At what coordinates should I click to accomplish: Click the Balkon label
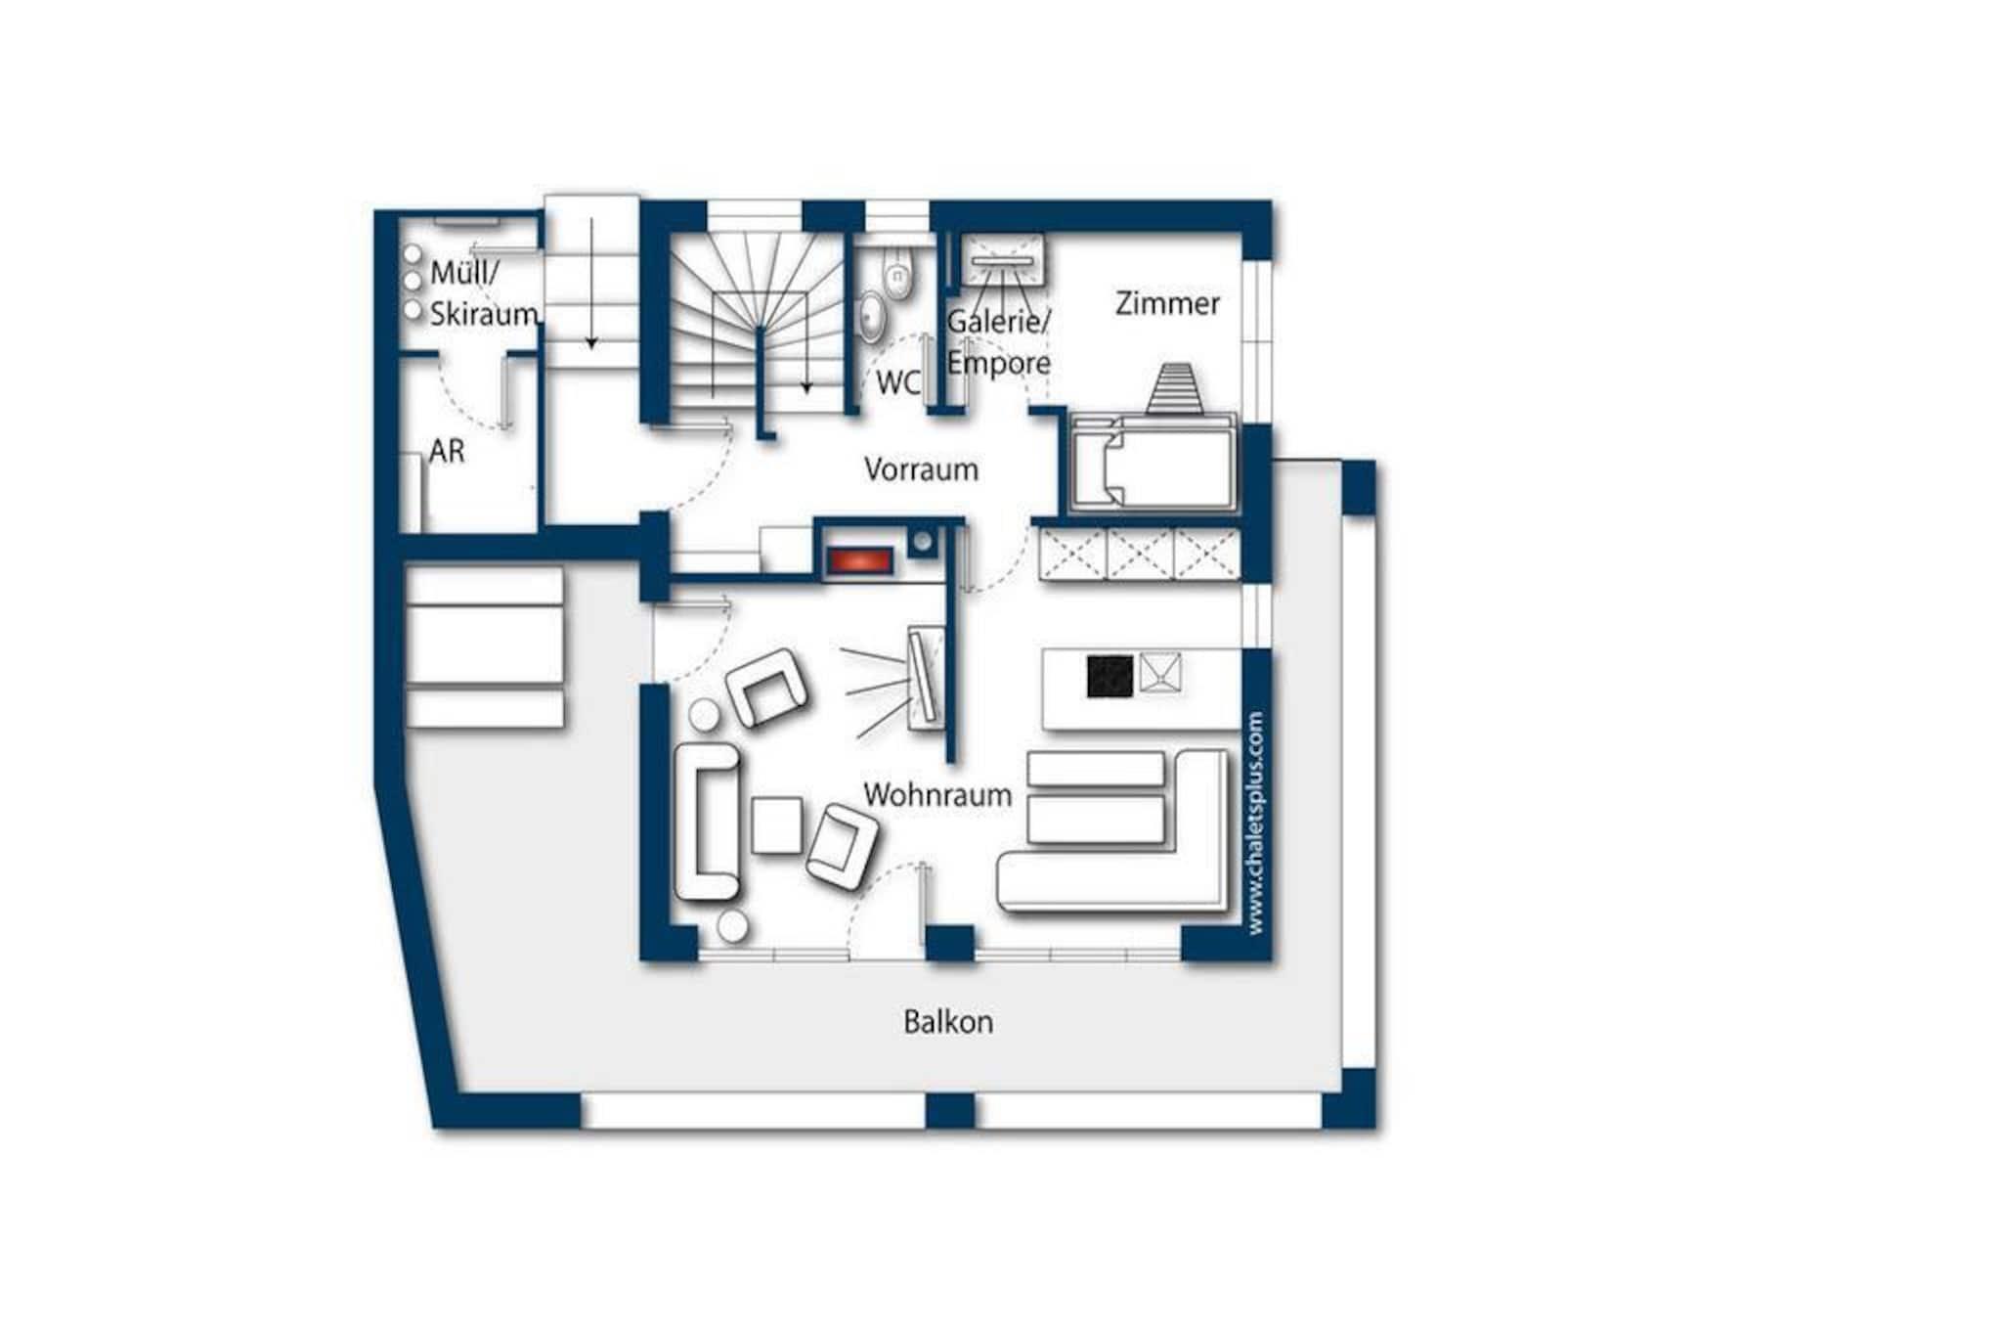[x=947, y=1022]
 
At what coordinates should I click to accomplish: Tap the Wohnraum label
[x=937, y=795]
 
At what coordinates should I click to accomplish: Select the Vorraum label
[x=921, y=469]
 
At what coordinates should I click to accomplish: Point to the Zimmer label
[x=1167, y=303]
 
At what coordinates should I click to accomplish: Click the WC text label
[x=898, y=382]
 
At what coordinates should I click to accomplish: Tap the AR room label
[x=447, y=452]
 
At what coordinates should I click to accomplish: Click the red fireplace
[x=859, y=561]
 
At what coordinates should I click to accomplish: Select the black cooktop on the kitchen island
[x=1110, y=676]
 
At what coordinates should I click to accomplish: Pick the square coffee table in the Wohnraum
[x=777, y=824]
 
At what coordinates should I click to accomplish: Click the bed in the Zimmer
[x=1153, y=463]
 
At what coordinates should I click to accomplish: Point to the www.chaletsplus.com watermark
[x=1255, y=823]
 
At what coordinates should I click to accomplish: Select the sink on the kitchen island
[x=1160, y=673]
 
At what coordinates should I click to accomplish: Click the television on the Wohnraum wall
[x=923, y=677]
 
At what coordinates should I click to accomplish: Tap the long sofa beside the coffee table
[x=707, y=821]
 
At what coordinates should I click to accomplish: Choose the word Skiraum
[x=484, y=314]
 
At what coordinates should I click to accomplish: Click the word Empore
[x=999, y=363]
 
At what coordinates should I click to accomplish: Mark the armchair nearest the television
[x=768, y=687]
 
